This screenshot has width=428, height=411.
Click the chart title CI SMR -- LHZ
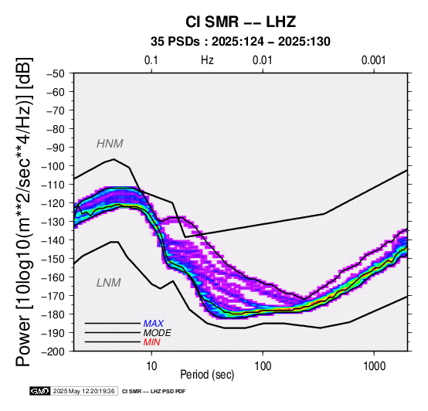point(241,22)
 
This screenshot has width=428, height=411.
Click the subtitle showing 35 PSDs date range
point(240,42)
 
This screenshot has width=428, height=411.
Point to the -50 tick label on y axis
point(55,73)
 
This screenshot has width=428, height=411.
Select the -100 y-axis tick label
point(53,166)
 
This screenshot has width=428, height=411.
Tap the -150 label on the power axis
point(53,259)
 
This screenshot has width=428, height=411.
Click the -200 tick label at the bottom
point(53,352)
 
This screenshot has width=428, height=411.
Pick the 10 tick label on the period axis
point(151,366)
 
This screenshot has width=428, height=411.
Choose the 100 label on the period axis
point(263,366)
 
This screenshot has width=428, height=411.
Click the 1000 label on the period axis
point(374,366)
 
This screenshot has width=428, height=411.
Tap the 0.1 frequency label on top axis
point(151,60)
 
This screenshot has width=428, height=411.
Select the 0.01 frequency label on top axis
point(263,60)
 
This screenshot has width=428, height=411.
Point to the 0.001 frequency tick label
point(374,60)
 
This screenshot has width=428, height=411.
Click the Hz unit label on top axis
point(207,60)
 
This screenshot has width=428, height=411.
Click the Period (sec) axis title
point(207,375)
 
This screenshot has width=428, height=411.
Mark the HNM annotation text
point(110,144)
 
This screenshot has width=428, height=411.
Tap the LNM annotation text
point(109,283)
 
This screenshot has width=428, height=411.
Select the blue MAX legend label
point(154,324)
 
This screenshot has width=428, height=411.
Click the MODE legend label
point(158,333)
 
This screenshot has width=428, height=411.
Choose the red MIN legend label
point(151,342)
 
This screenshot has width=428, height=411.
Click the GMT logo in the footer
point(40,391)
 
